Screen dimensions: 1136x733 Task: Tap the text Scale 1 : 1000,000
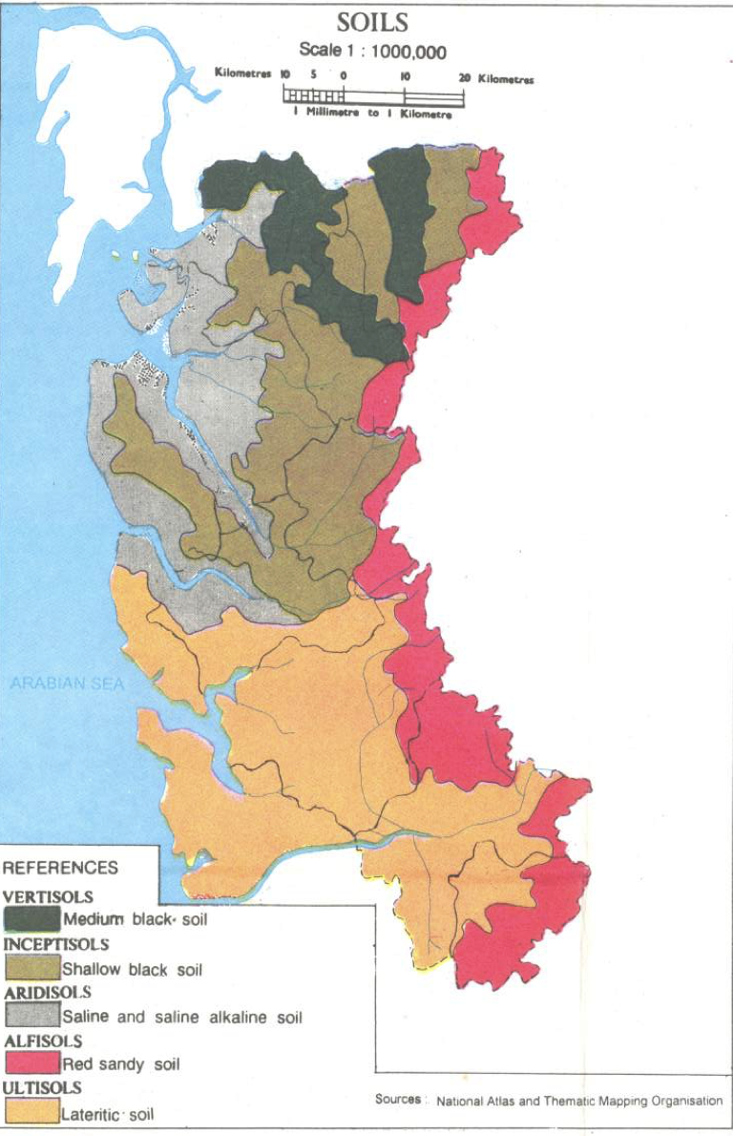[372, 52]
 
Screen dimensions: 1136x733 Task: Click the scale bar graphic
[372, 96]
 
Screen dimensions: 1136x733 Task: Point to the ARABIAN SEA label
[67, 684]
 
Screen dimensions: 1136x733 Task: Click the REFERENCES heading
[61, 868]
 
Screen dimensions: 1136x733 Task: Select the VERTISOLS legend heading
[49, 897]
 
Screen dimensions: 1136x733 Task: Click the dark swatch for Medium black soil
[32, 919]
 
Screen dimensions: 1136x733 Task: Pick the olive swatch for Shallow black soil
[32, 968]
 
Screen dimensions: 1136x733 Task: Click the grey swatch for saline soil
[32, 1016]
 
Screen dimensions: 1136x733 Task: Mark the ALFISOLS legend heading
[43, 1041]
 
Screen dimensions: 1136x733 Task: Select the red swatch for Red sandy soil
[32, 1062]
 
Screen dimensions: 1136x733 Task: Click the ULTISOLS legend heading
[43, 1087]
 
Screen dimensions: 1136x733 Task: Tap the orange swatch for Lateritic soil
[32, 1111]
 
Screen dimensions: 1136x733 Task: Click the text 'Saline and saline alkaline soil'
[182, 1018]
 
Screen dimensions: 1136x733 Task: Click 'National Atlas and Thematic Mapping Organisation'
[579, 1101]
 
